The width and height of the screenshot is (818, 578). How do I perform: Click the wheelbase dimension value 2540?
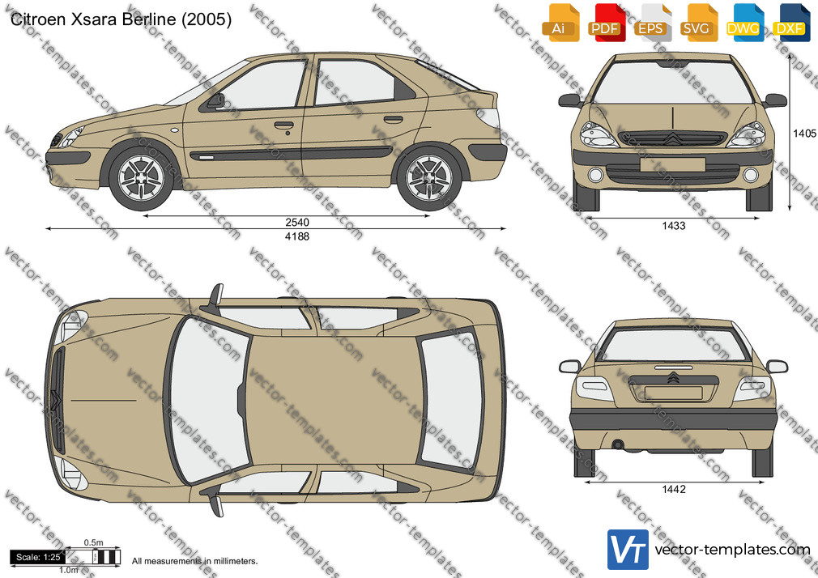tap(297, 223)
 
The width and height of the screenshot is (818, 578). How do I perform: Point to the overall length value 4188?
tap(297, 236)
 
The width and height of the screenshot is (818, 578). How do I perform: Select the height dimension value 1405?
tap(804, 134)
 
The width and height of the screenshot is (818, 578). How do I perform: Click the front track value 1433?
tap(674, 226)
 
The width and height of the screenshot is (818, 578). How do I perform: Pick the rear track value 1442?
tap(674, 489)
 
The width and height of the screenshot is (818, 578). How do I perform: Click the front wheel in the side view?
tap(142, 178)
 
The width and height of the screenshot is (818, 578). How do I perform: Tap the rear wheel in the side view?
tap(428, 178)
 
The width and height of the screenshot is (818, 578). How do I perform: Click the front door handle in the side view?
tap(283, 125)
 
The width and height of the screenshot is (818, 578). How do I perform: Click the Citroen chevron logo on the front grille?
tap(672, 138)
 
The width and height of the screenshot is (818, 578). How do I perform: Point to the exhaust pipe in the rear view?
tap(618, 444)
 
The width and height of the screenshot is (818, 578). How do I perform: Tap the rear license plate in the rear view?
tap(673, 393)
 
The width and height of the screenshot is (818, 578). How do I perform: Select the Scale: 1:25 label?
tap(38, 557)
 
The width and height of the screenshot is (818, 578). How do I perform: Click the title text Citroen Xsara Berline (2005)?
tap(121, 19)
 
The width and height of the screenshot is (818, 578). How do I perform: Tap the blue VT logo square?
tap(628, 550)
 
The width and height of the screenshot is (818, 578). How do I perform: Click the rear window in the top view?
tap(451, 400)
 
